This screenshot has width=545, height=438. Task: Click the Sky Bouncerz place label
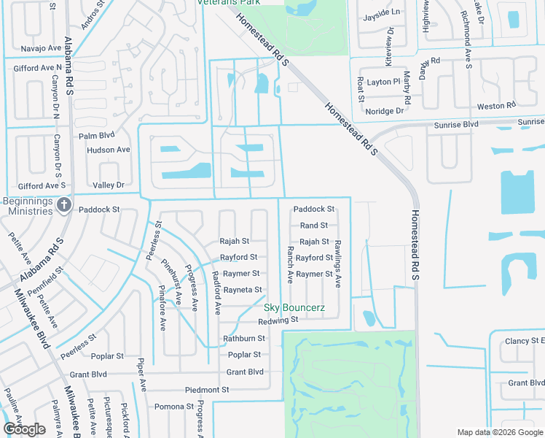[294, 309]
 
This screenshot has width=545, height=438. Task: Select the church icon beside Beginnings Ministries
[64, 205]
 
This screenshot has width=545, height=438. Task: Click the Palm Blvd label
[97, 136]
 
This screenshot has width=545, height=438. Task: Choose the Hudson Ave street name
[108, 150]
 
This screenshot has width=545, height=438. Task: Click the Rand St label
[314, 226]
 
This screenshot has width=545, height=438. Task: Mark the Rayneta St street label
[243, 290]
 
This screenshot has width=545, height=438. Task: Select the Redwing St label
[278, 320]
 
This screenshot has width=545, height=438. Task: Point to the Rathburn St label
[243, 339]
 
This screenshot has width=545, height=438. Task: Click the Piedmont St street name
[207, 390]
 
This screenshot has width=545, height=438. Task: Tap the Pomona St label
[173, 406]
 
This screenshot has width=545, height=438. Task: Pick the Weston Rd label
[495, 107]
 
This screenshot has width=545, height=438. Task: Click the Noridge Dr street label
[384, 111]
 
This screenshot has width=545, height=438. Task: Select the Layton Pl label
[383, 82]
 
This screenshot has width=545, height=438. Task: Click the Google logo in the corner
[24, 429]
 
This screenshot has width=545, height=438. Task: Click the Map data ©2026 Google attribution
[499, 432]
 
